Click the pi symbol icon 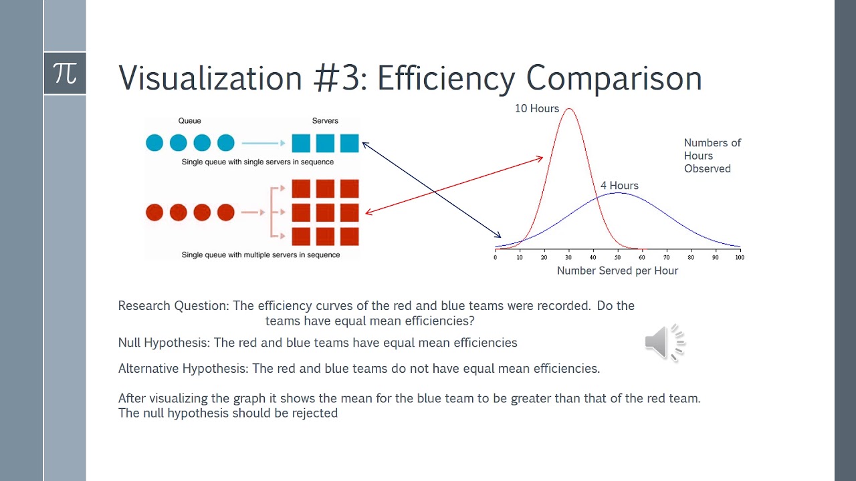[x=65, y=73]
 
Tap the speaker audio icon [x=665, y=343]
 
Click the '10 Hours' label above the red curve [x=536, y=108]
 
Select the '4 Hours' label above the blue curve [x=619, y=186]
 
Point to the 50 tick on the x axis [x=618, y=257]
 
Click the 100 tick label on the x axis [x=739, y=257]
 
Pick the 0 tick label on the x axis [x=496, y=257]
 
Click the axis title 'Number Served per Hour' [x=617, y=271]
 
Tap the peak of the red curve [x=569, y=109]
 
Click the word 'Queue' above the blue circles [x=189, y=121]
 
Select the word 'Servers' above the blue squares [x=325, y=121]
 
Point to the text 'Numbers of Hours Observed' [x=712, y=156]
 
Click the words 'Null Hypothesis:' [x=164, y=343]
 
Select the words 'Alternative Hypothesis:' [x=183, y=368]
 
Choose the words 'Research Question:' [x=174, y=306]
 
